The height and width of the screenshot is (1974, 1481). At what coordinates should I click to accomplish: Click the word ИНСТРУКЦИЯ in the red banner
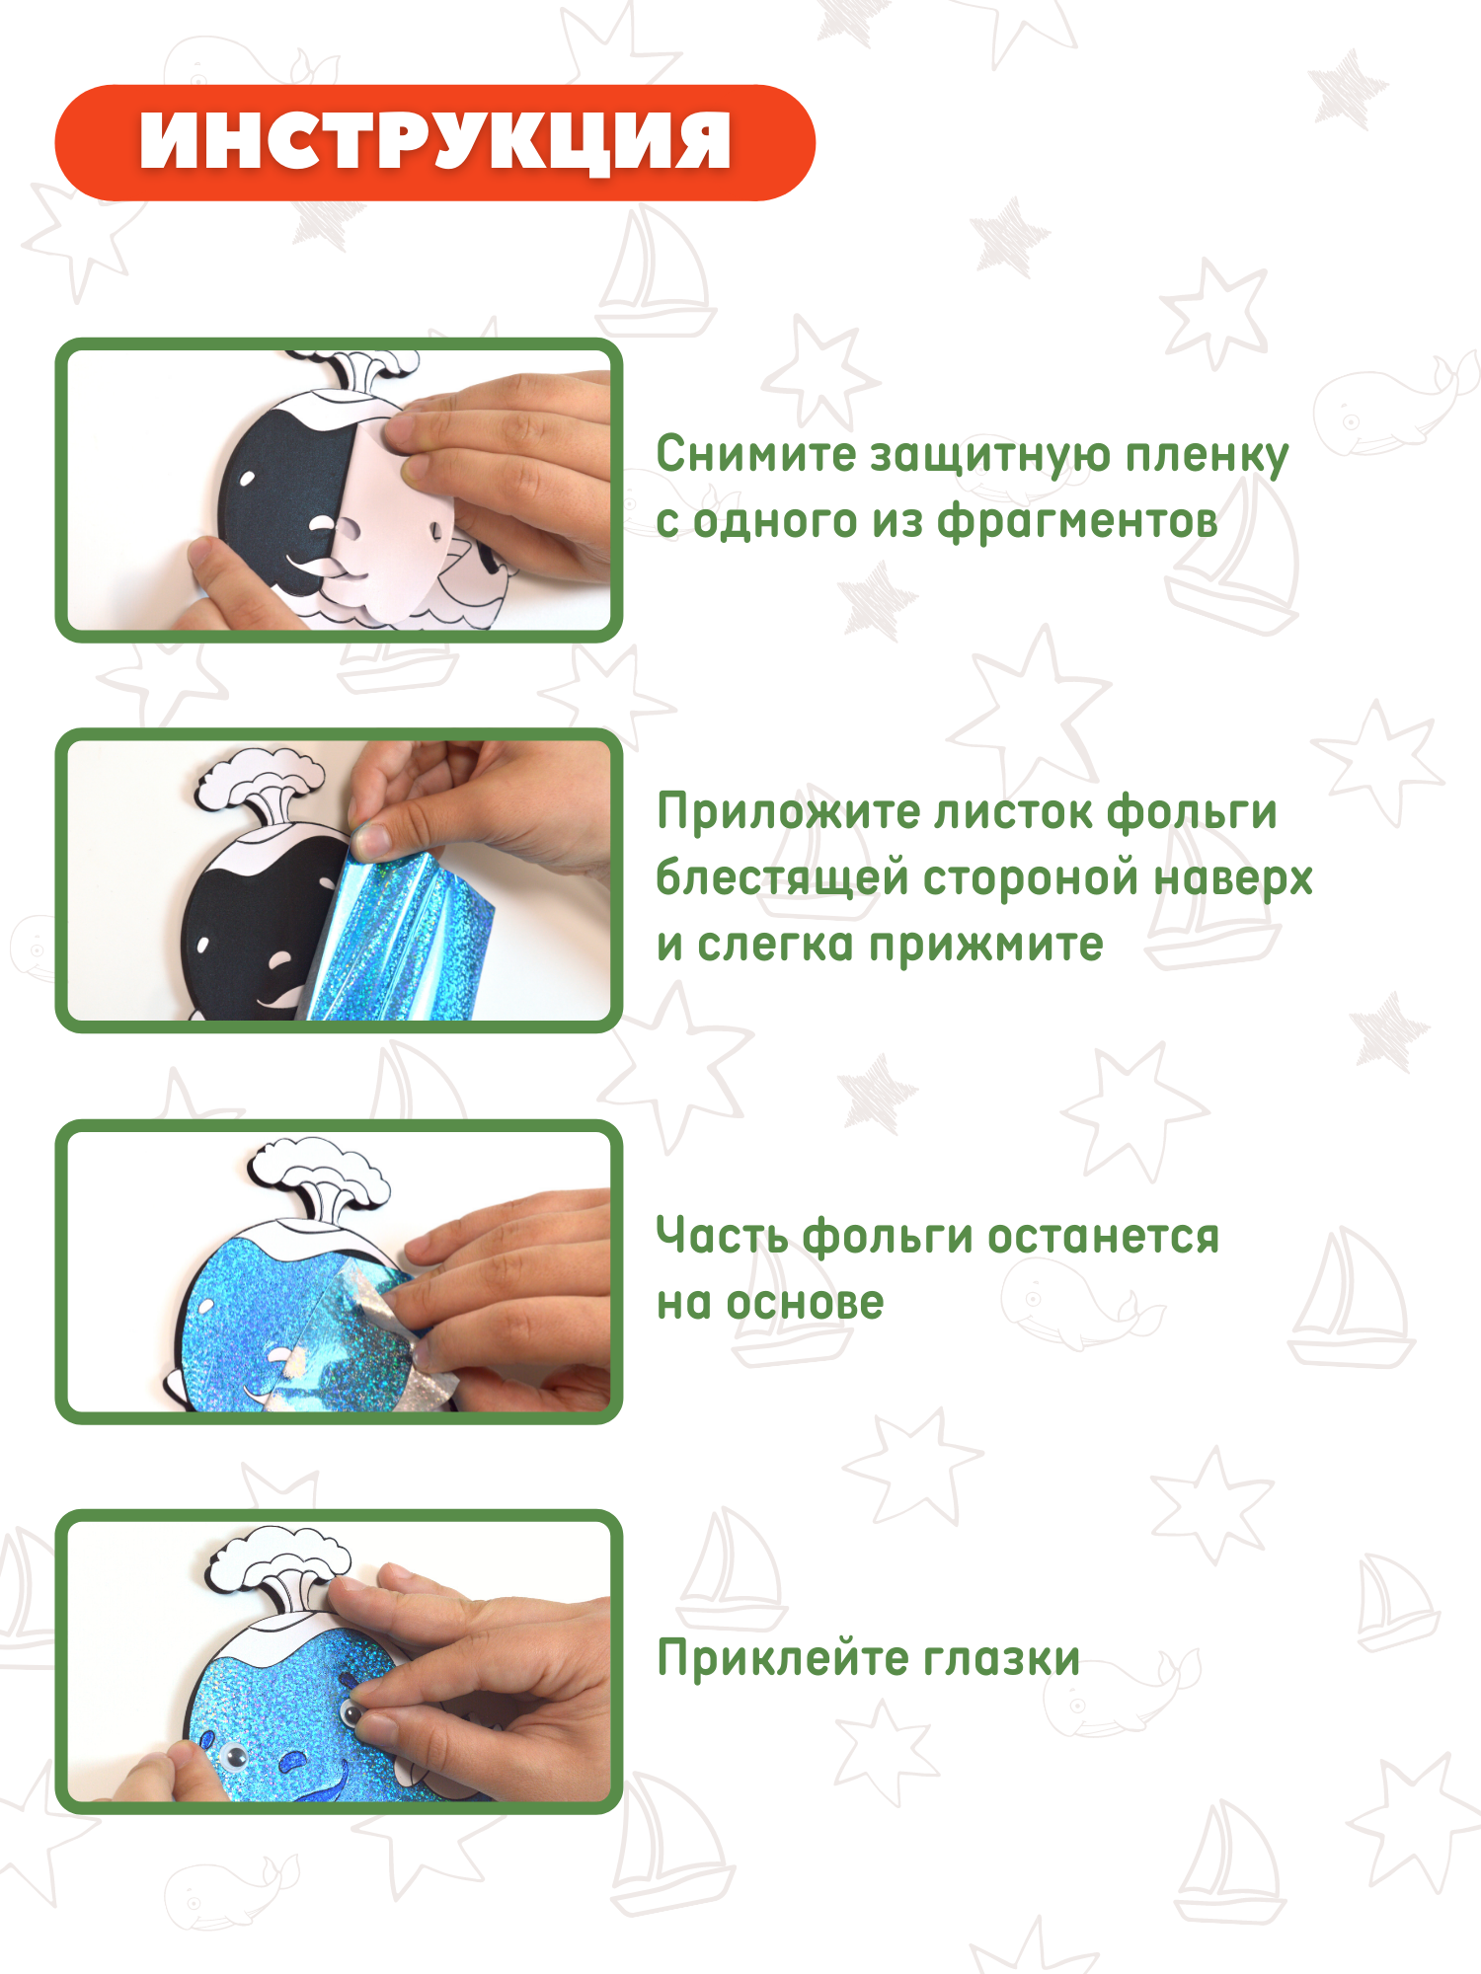click(434, 142)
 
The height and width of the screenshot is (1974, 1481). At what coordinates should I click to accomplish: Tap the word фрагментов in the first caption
click(1077, 521)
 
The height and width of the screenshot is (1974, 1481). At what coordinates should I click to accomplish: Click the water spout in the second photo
click(262, 780)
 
